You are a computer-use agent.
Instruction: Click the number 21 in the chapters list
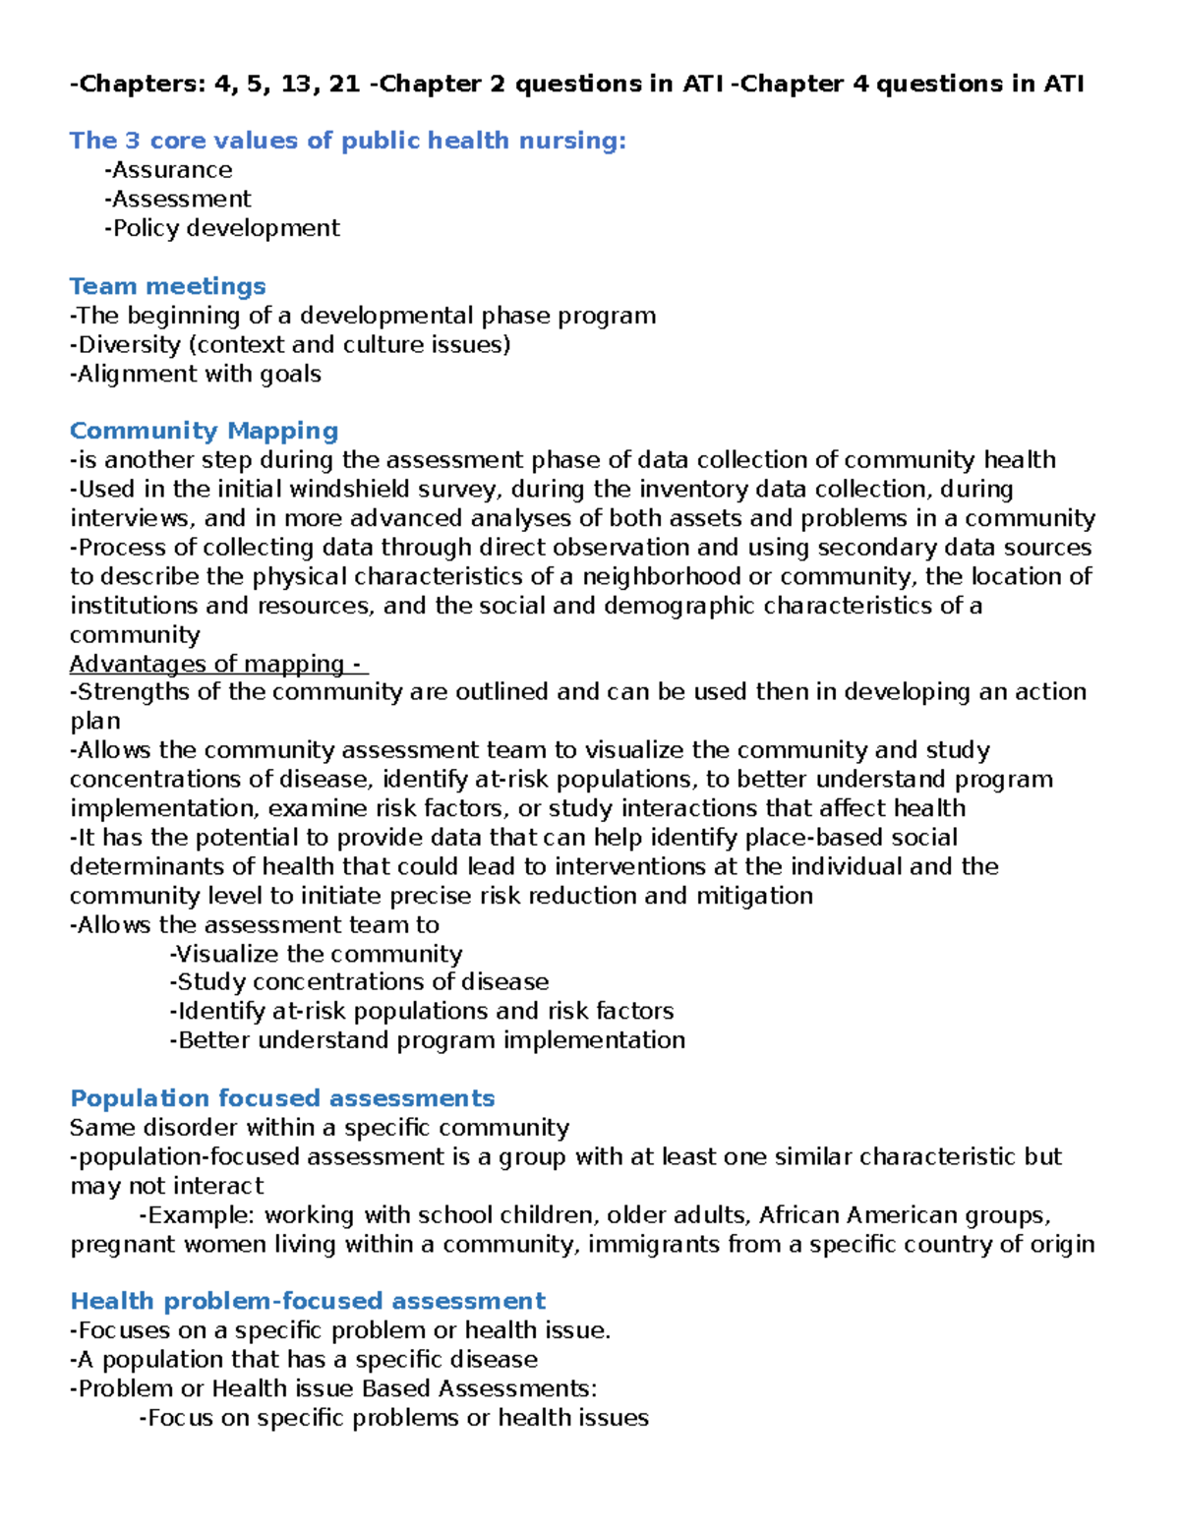coord(344,85)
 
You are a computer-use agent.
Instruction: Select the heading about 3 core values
coord(347,141)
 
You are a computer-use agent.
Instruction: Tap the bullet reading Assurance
coord(168,170)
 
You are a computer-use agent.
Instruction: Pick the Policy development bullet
coord(222,228)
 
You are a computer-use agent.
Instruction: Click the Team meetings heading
coord(167,286)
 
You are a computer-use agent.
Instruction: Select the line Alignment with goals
coord(196,374)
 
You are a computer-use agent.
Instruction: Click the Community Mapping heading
coord(204,431)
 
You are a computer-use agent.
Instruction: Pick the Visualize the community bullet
coord(316,954)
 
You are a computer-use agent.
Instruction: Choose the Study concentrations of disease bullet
coord(359,982)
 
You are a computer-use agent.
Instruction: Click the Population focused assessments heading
coord(282,1098)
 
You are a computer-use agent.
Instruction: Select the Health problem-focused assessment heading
coord(308,1301)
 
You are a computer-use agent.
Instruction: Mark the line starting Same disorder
coord(320,1128)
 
